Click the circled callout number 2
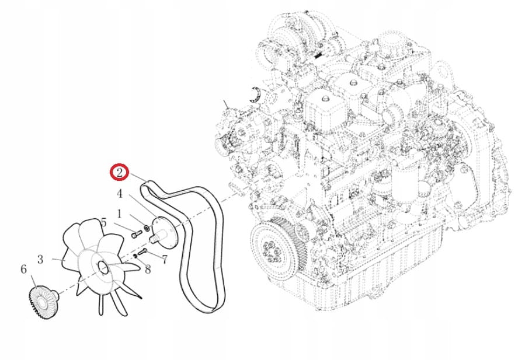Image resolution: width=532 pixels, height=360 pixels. point(119,172)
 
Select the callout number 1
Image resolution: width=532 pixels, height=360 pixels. point(119,214)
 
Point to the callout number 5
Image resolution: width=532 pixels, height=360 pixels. point(103,222)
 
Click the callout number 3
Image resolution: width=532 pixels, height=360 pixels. point(40,258)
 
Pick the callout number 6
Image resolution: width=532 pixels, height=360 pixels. point(23,270)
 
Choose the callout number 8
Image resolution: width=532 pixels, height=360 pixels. point(147,270)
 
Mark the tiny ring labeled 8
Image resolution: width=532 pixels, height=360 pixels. point(135,255)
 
